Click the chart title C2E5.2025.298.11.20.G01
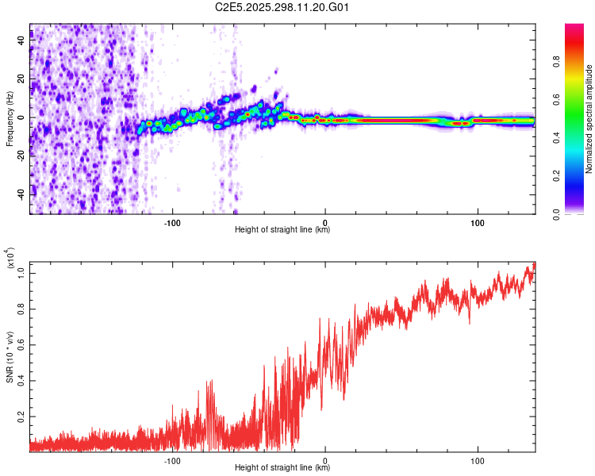(282, 7)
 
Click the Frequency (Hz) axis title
(10, 119)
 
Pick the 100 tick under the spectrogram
(478, 221)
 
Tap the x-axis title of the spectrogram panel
(282, 230)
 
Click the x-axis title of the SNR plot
(282, 469)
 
